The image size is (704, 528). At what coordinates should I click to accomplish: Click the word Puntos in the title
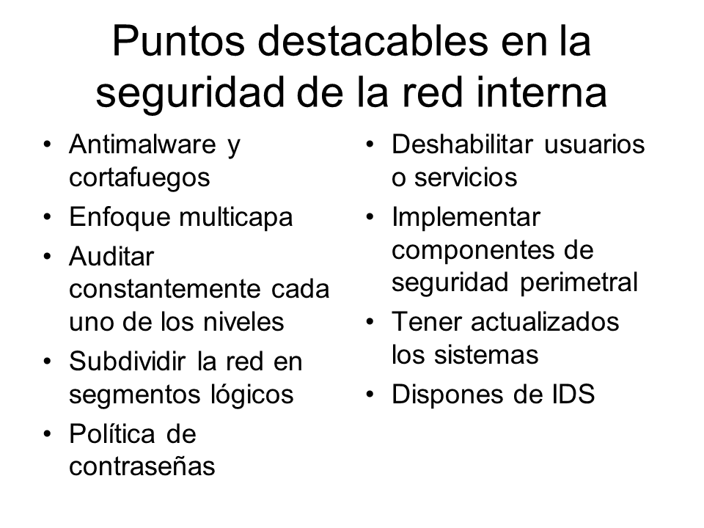click(x=178, y=41)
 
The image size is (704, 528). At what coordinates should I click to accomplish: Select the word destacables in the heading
click(x=373, y=41)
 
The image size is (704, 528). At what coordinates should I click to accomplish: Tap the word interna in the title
click(x=541, y=92)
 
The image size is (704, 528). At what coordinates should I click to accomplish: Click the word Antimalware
click(x=143, y=144)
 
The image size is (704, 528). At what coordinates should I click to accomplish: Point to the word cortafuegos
click(x=139, y=178)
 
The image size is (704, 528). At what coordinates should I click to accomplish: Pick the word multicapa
click(x=235, y=218)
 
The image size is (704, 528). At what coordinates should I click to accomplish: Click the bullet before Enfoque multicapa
click(x=48, y=217)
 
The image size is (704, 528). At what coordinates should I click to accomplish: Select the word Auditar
click(x=111, y=257)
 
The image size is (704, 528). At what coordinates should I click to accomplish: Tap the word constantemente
click(x=165, y=290)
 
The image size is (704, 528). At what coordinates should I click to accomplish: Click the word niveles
click(x=243, y=322)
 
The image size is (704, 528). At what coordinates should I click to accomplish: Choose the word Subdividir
click(x=128, y=362)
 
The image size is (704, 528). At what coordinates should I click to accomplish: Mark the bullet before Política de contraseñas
click(x=48, y=434)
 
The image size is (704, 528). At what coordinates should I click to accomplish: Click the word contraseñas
click(x=142, y=466)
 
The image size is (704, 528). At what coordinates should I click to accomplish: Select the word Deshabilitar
click(x=463, y=144)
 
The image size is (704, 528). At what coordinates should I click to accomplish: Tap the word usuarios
click(x=595, y=144)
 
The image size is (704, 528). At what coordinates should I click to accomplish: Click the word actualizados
click(x=545, y=322)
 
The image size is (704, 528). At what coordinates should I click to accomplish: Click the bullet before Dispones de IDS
click(x=370, y=395)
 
